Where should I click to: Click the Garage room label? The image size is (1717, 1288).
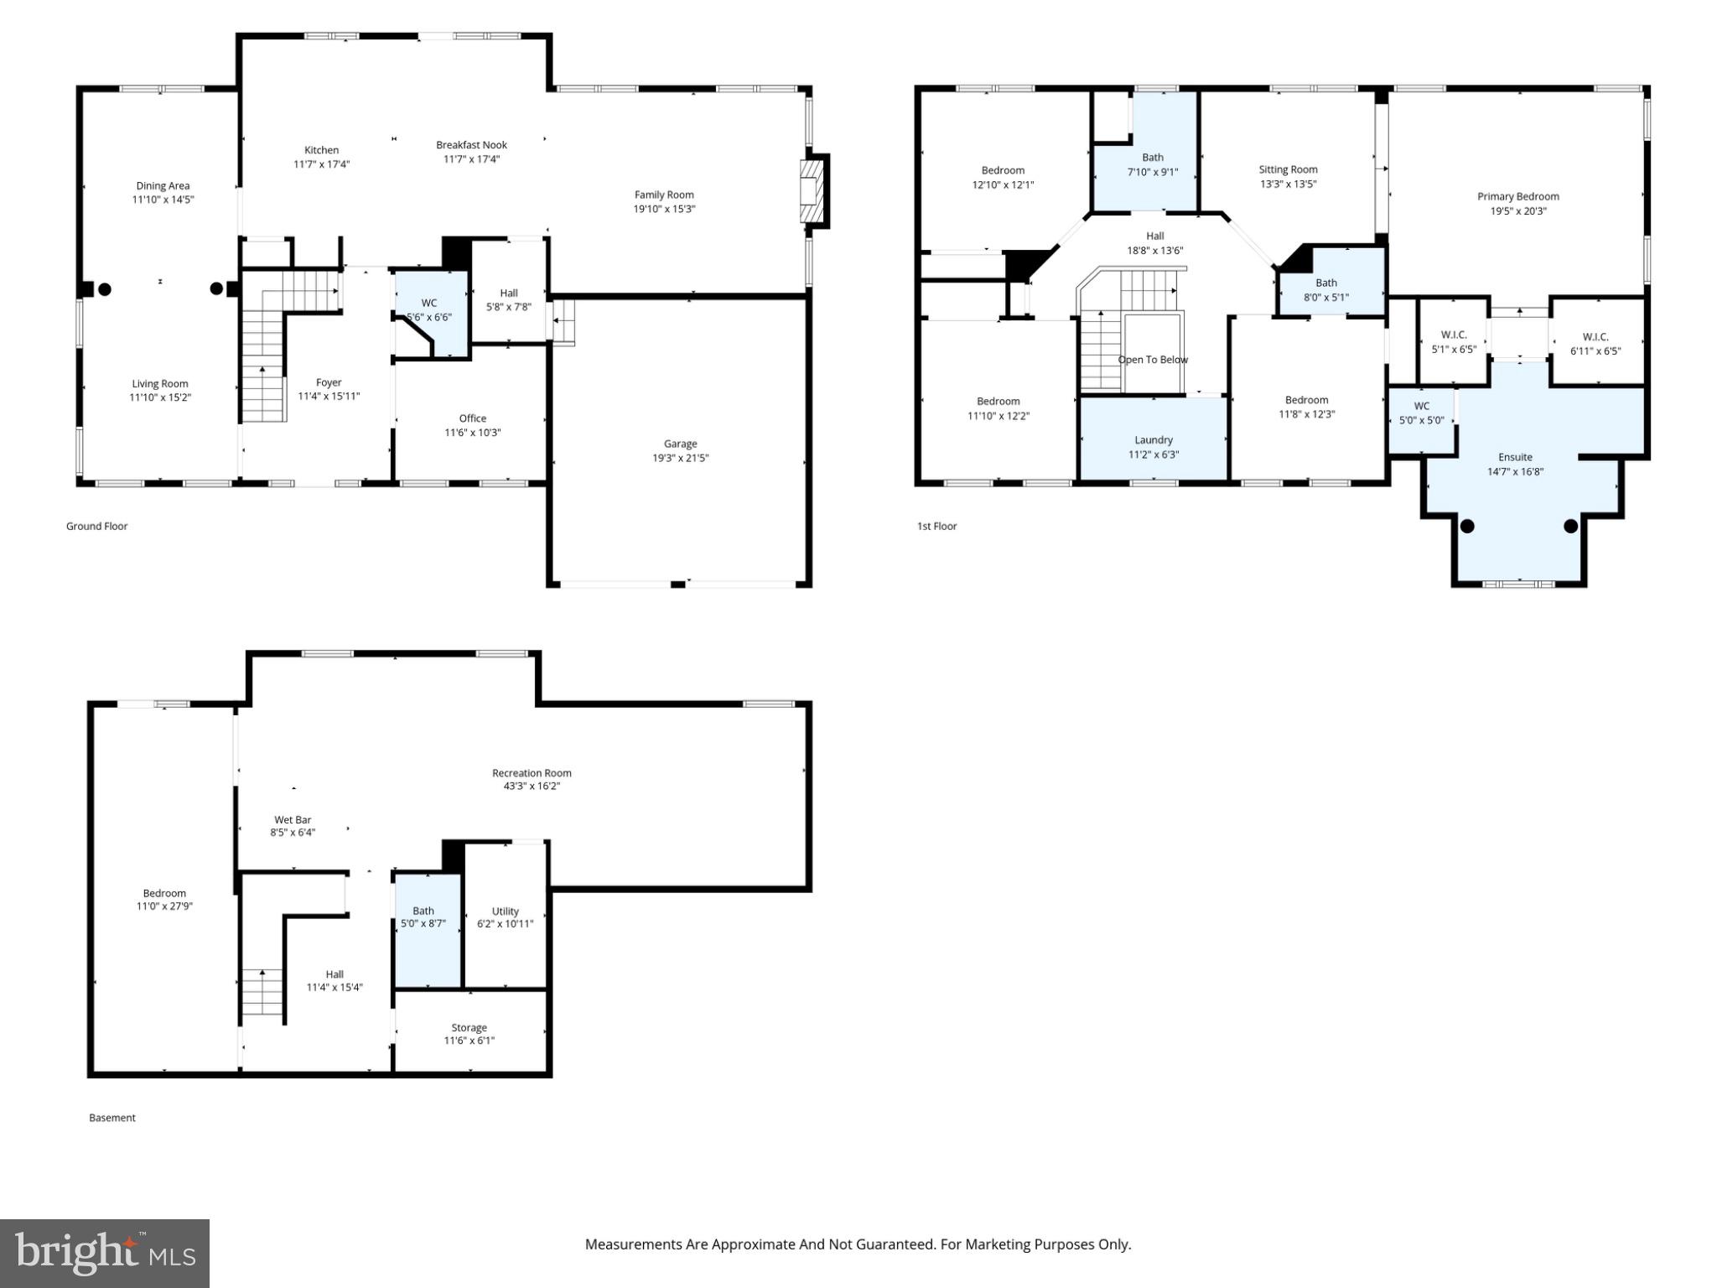680,444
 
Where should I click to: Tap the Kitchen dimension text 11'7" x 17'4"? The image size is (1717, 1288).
321,164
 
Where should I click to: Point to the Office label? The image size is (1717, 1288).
472,418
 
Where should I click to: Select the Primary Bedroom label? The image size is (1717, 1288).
1517,197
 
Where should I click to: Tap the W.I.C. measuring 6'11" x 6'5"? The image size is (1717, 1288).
1595,344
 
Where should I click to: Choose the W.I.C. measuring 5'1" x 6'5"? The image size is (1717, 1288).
1453,342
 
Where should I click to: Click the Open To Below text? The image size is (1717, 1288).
1153,360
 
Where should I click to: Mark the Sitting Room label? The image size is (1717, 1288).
1288,169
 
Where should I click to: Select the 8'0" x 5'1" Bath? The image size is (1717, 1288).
1325,290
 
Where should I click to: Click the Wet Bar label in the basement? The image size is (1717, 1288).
293,820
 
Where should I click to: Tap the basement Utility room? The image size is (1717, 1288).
505,917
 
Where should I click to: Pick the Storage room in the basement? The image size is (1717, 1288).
469,1034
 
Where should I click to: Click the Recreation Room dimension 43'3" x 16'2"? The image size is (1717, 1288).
532,787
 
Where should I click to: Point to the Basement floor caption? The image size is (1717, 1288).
112,1118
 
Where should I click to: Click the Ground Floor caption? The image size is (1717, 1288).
96,527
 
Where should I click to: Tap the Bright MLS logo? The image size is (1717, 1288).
104,1253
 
